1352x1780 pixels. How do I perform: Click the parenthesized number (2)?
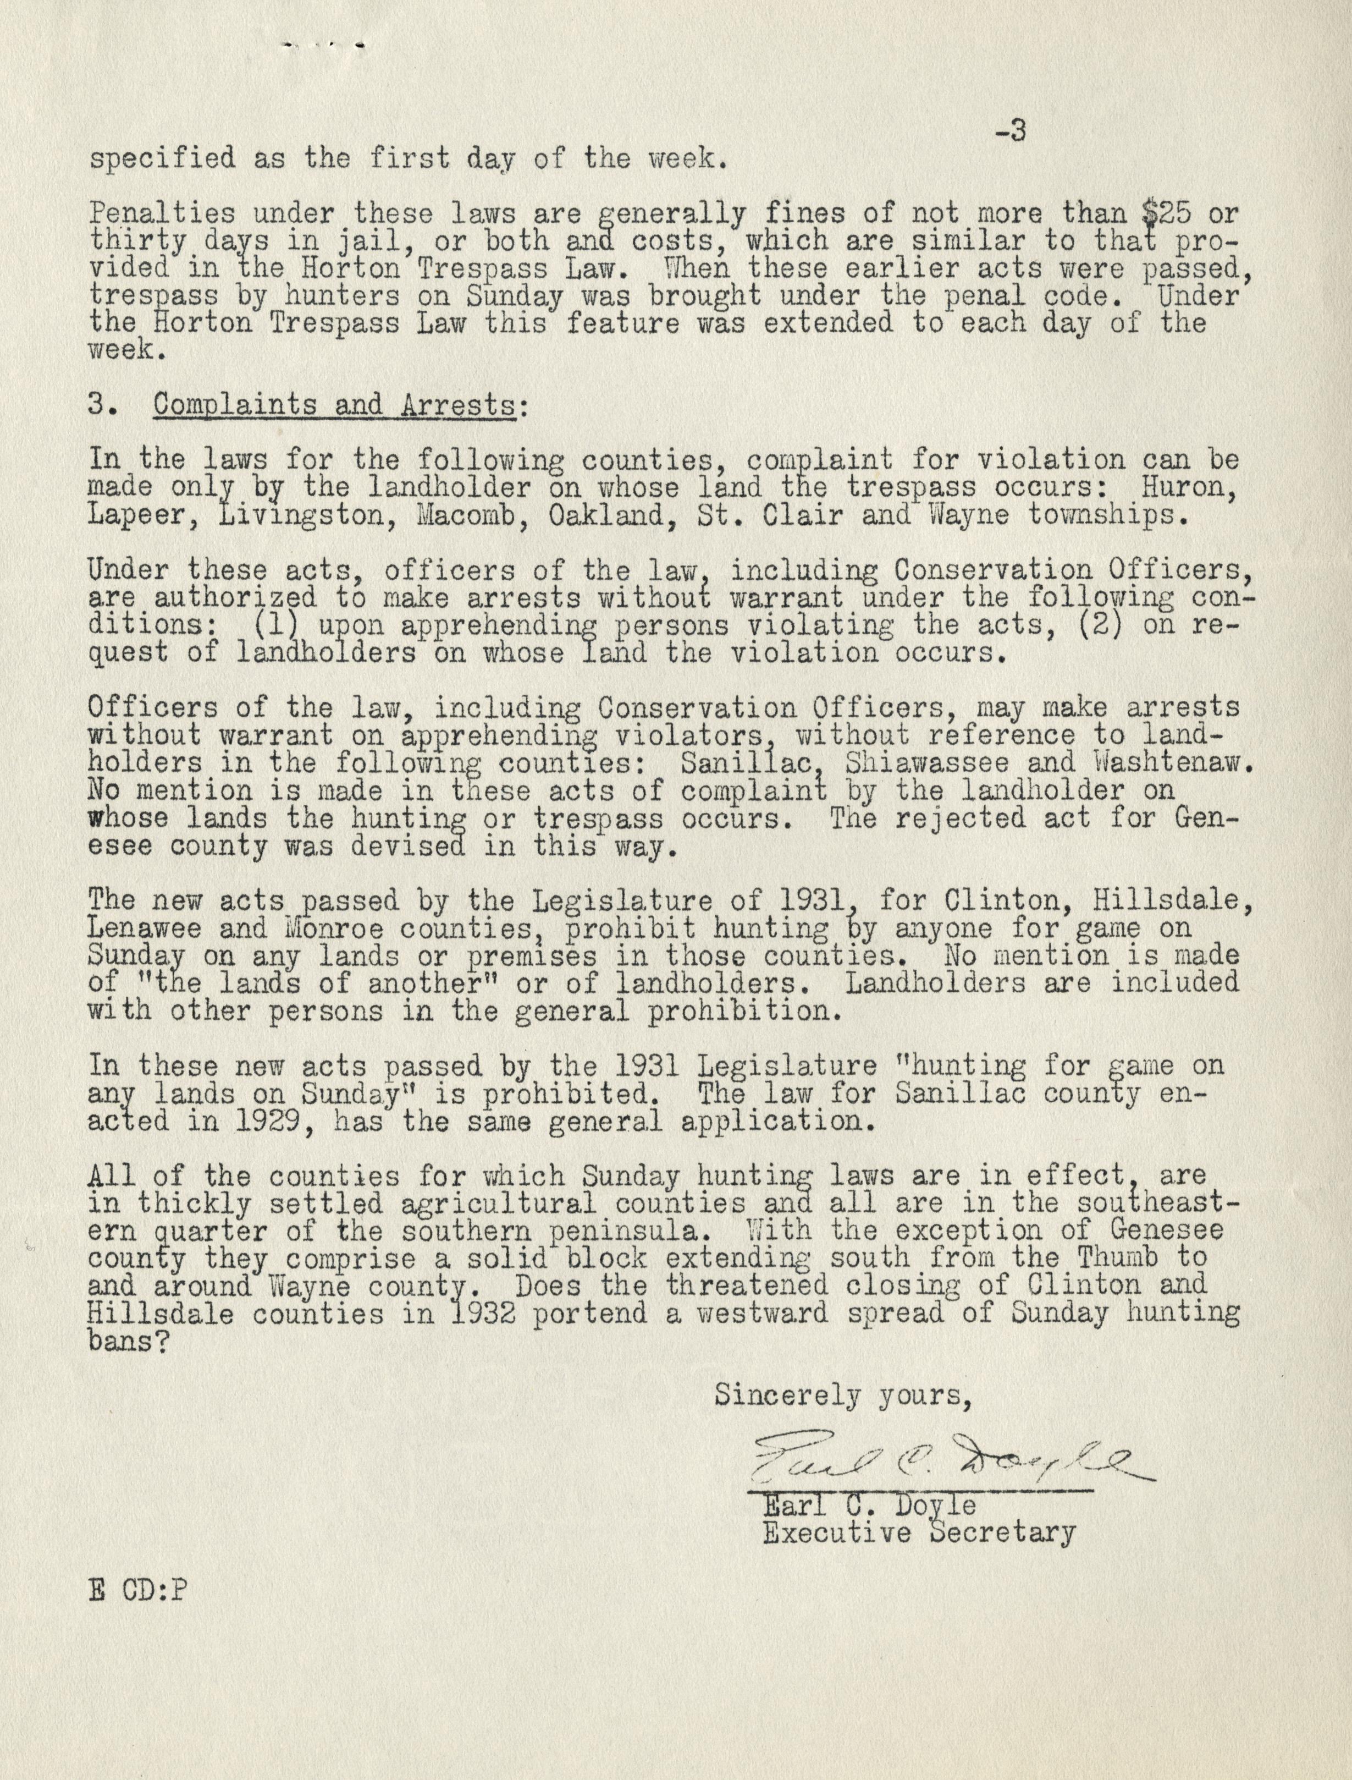click(x=1097, y=625)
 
